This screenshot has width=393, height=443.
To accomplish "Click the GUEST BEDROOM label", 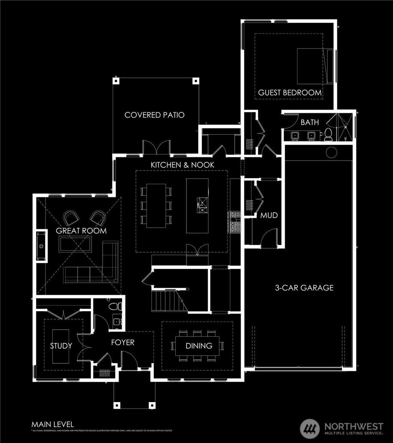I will pos(290,92).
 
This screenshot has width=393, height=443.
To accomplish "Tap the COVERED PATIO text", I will pos(154,115).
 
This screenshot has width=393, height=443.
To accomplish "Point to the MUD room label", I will pos(269,215).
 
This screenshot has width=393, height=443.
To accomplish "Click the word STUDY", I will pos(61,346).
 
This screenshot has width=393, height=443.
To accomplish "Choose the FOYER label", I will pos(123,342).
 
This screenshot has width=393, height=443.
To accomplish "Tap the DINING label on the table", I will pos(199,346).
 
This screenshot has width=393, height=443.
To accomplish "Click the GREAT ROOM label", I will pos(81,231).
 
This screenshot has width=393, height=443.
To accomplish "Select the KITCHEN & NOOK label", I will pos(182,164).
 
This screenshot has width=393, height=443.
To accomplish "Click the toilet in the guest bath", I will pos(328,134).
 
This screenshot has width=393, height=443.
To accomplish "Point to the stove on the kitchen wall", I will pos(234,222).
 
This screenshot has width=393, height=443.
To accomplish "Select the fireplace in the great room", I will pos(41,245).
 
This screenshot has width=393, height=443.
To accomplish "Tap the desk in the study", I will pos(61,346).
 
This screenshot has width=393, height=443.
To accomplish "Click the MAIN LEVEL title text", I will pos(52,424).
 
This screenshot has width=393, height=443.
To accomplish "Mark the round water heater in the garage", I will pos(331,152).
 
